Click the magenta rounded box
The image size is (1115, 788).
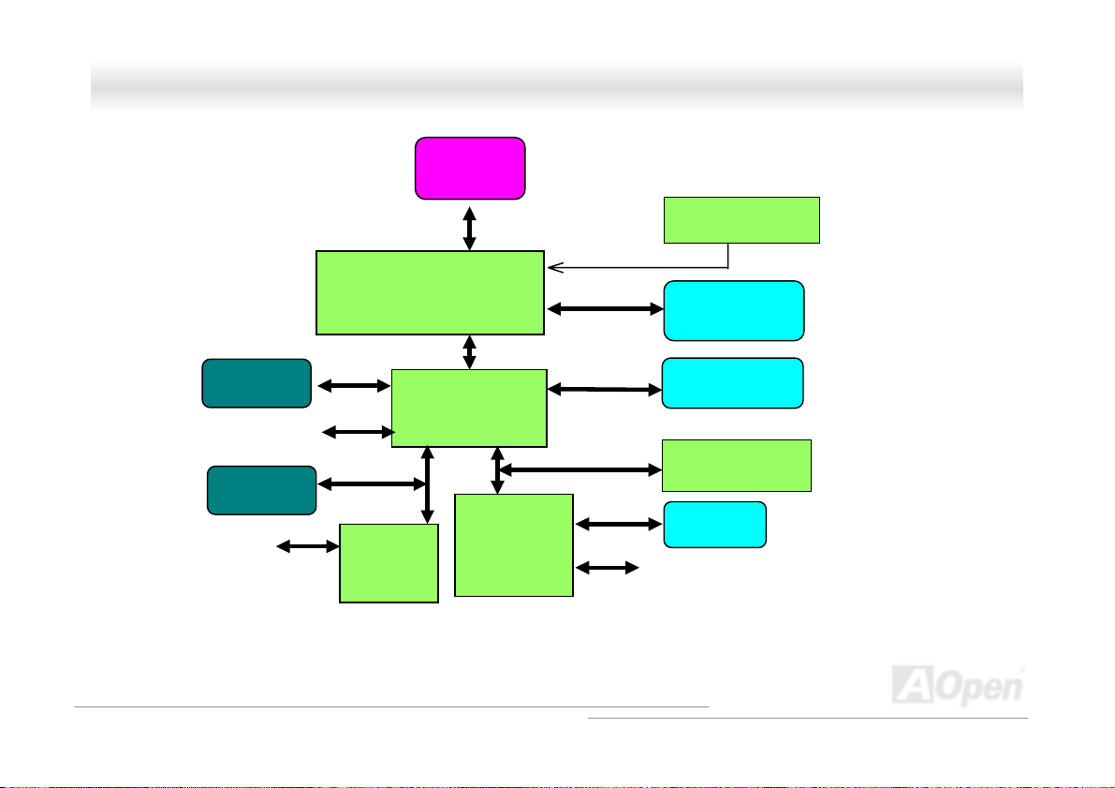point(470,168)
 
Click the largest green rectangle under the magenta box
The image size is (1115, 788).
point(430,292)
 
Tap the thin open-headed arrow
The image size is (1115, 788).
point(637,267)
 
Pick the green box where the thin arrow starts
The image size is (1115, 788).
point(741,220)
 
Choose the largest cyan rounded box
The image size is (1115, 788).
point(733,310)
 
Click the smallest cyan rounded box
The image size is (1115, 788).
point(714,525)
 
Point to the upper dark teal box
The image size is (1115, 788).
point(257,382)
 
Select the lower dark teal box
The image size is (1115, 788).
point(261,489)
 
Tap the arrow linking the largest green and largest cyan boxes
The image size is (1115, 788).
point(604,307)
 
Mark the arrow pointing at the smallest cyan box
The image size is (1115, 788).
point(619,526)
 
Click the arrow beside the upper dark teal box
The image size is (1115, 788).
point(354,384)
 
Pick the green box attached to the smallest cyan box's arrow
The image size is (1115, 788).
point(513,544)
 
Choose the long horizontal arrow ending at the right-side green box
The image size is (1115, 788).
point(580,468)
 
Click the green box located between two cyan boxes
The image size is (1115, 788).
point(736,465)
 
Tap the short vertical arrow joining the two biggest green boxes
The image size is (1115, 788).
point(469,351)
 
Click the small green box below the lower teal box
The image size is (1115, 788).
point(389,562)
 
